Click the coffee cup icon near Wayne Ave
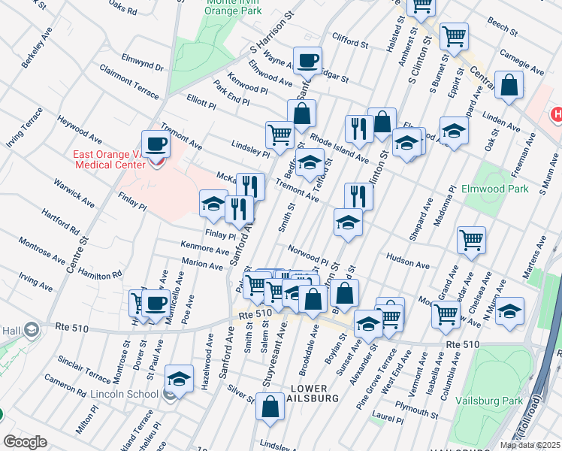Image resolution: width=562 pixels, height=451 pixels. click(x=307, y=60)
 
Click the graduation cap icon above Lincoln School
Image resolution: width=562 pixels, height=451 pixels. click(x=179, y=378)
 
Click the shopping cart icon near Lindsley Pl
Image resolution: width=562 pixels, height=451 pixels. click(x=279, y=135)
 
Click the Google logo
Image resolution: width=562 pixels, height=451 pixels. click(x=25, y=442)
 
